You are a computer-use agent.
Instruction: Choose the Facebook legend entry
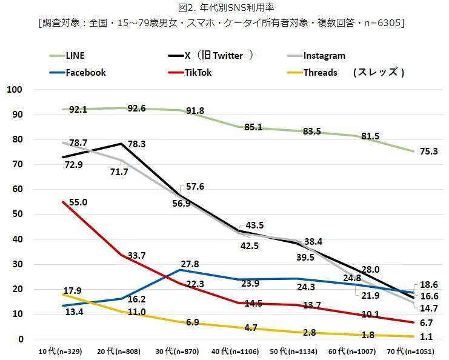[x=85, y=73]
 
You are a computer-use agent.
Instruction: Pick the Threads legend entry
[x=321, y=73]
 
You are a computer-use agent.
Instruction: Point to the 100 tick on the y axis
[x=14, y=90]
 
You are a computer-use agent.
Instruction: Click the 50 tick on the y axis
[x=16, y=215]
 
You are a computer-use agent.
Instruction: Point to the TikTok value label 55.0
[x=78, y=202]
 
